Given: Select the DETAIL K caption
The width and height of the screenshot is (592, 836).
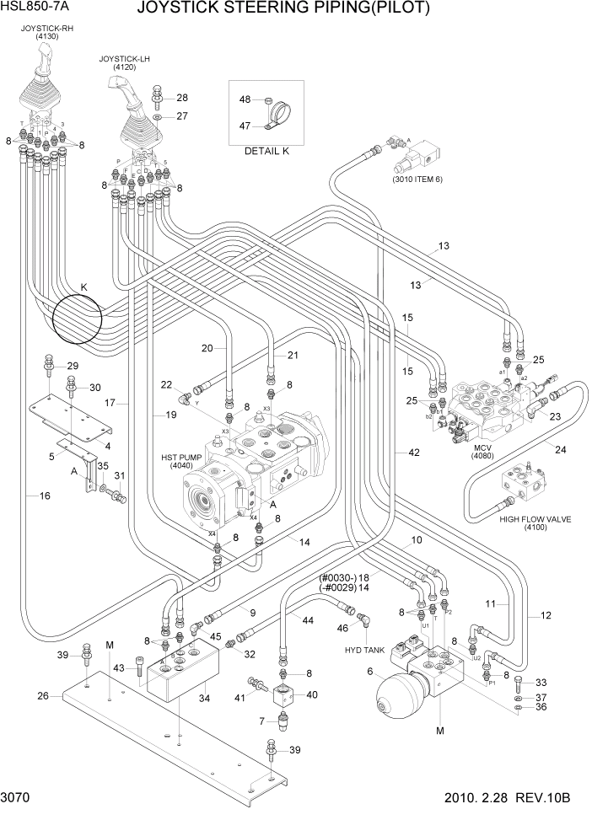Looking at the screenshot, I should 266,152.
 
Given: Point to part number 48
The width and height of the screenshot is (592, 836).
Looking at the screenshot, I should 245,99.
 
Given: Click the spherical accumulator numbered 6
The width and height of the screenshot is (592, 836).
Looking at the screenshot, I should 392,694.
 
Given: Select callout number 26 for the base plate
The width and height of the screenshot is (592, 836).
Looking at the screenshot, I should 44,696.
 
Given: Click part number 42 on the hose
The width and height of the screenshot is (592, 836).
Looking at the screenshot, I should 413,453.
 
